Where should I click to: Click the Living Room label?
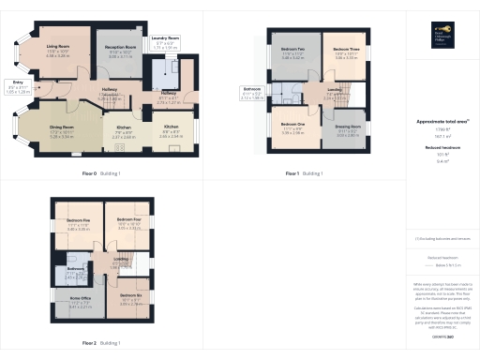click(x=59, y=44)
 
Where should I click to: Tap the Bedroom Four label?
click(x=130, y=221)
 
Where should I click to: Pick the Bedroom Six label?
click(x=130, y=295)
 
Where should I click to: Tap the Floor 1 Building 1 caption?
click(x=305, y=174)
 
